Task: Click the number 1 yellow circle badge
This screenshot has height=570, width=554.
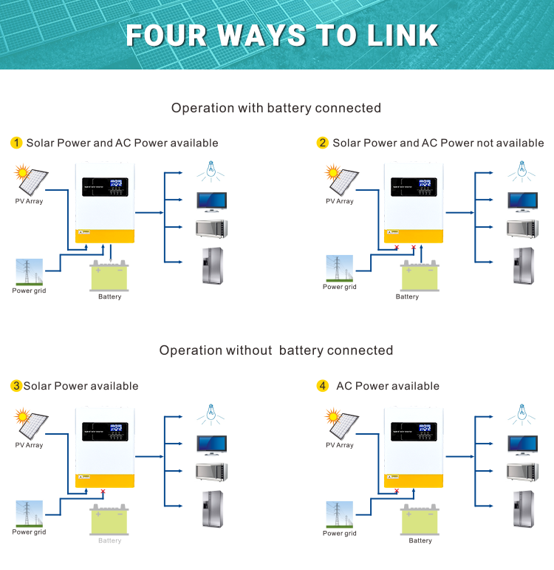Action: click(x=16, y=143)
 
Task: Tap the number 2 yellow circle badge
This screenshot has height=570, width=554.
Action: click(x=323, y=143)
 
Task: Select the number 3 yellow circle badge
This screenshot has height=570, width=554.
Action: click(x=16, y=386)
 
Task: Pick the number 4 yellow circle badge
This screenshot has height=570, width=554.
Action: click(x=323, y=386)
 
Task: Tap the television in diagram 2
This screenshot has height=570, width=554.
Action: click(x=521, y=201)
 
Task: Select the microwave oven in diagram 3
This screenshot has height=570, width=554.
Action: click(x=211, y=472)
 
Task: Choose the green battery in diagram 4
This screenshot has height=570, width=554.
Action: click(x=420, y=521)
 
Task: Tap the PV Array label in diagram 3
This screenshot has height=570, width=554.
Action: click(x=29, y=445)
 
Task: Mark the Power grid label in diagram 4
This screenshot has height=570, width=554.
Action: click(x=339, y=533)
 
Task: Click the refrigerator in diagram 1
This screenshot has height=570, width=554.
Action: click(x=211, y=265)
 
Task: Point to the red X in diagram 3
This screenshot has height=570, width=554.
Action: click(x=103, y=491)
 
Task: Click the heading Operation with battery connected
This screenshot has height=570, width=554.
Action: click(x=276, y=108)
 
